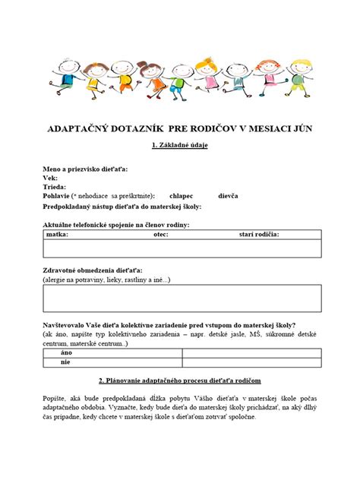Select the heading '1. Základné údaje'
click(180, 144)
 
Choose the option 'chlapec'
click(181, 195)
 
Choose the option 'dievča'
click(228, 195)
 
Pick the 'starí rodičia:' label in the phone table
click(259, 235)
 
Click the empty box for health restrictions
click(180, 299)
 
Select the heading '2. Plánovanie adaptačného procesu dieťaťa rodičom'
click(180, 379)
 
